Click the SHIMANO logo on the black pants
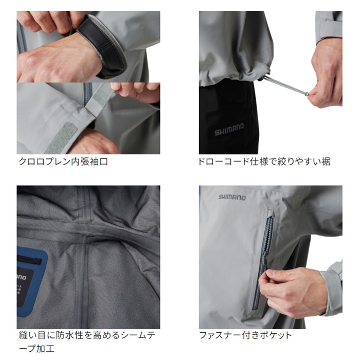(x=229, y=129)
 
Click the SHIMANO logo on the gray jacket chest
(x=232, y=197)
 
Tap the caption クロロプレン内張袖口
(x=63, y=161)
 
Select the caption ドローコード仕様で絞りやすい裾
(x=264, y=161)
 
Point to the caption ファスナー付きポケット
(x=245, y=335)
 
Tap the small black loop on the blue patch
(x=30, y=260)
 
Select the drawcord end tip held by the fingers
(x=306, y=94)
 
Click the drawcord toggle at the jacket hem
(x=261, y=79)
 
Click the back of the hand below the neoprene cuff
(x=58, y=62)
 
